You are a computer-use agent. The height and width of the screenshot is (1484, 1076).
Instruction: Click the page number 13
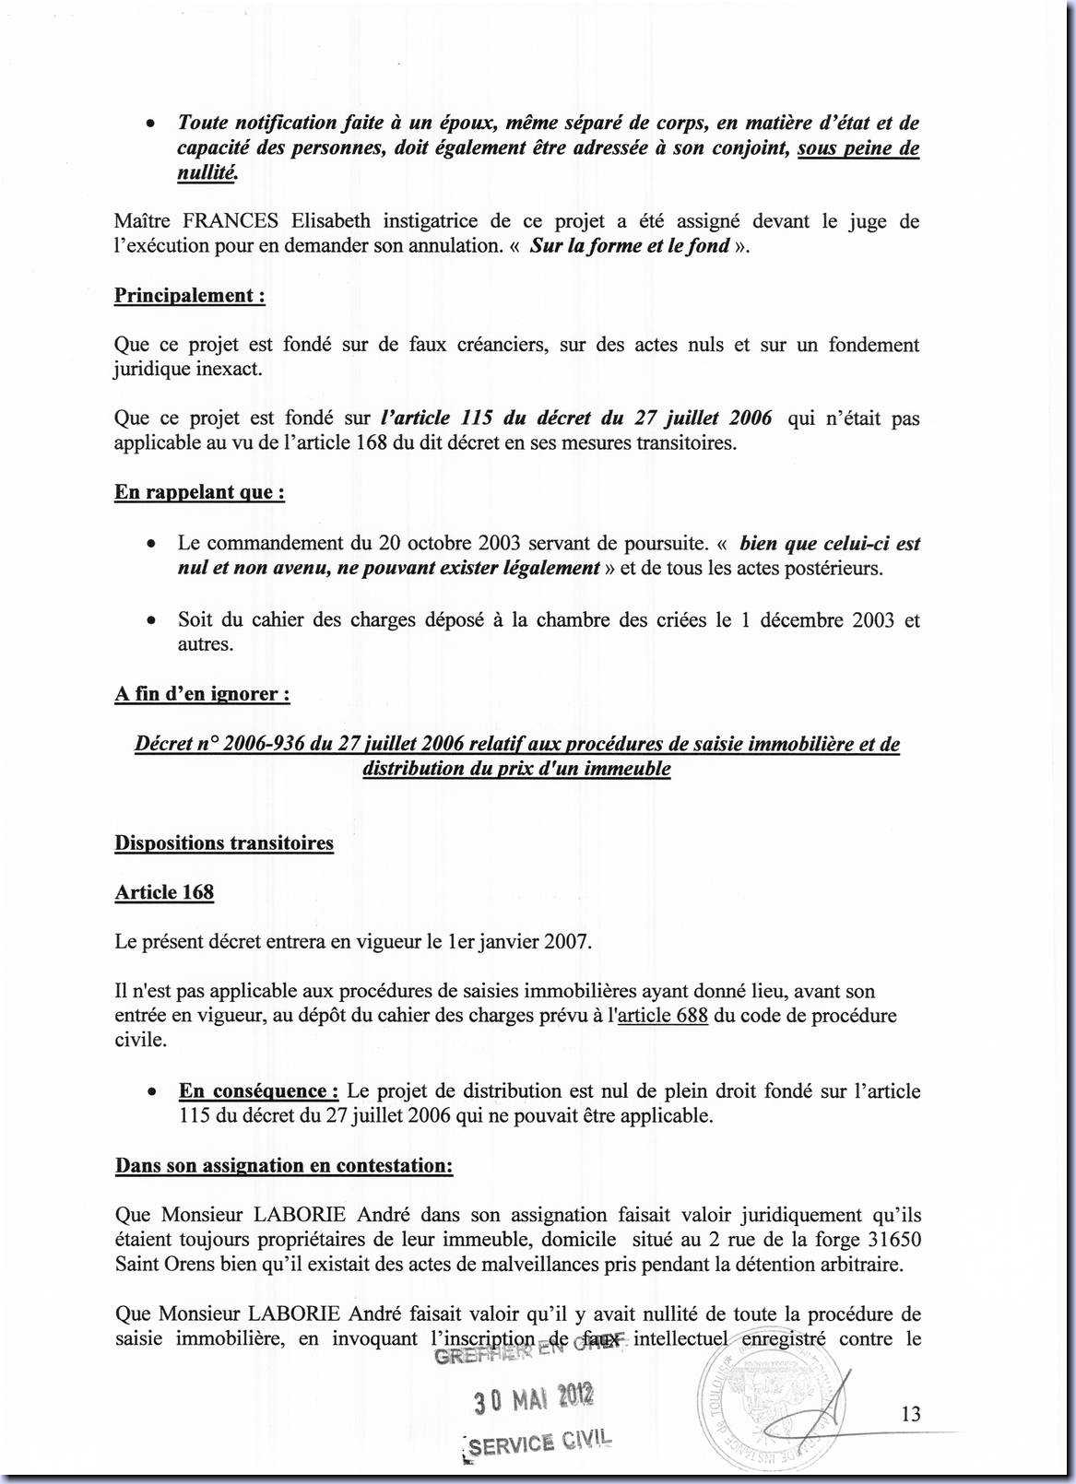point(911,1414)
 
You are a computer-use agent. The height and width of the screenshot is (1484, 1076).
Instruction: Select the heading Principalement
point(189,296)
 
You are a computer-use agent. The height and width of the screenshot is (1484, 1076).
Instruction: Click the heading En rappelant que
point(199,492)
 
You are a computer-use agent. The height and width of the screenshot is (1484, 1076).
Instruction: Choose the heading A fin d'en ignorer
point(202,694)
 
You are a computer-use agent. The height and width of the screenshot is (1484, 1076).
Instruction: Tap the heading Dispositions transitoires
point(224,843)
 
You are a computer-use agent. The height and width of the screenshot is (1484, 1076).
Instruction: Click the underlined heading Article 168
point(164,892)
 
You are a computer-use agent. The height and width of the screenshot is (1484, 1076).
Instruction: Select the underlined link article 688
point(663,1016)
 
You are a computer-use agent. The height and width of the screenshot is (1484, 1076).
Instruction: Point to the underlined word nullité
point(207,172)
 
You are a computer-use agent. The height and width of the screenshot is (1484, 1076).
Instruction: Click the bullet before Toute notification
point(150,124)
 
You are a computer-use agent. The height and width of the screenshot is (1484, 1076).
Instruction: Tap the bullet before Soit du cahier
point(150,620)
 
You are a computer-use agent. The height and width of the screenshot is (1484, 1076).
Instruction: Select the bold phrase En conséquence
point(258,1091)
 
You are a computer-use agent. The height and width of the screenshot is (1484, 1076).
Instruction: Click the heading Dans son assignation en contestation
point(284,1166)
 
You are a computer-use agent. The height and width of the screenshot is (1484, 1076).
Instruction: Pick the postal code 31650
point(893,1240)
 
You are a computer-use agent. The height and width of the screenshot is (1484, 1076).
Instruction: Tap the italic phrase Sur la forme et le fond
point(630,246)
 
